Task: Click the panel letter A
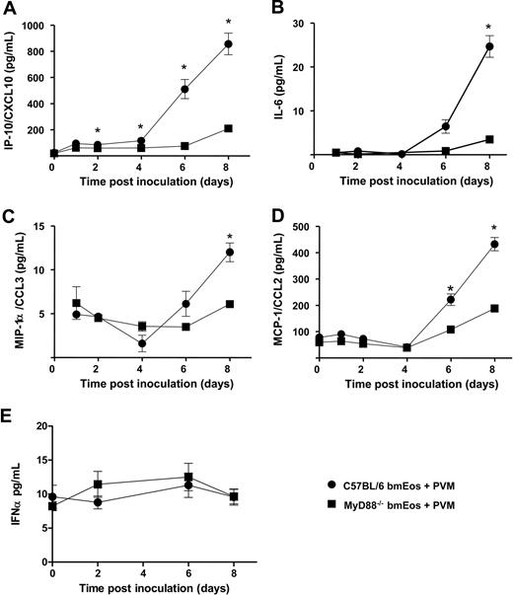tap(8, 9)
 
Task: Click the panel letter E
tap(8, 413)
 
